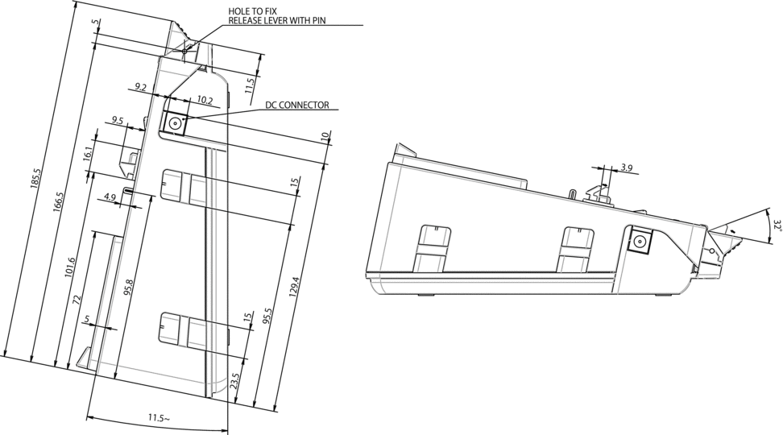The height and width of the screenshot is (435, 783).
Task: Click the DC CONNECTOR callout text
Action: click(x=296, y=106)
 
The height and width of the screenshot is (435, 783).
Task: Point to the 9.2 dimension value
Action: click(x=140, y=85)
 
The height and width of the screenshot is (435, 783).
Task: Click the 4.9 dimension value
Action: click(x=111, y=197)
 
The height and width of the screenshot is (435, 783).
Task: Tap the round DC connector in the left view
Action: click(x=175, y=122)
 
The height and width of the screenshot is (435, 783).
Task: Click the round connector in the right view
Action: click(x=642, y=242)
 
